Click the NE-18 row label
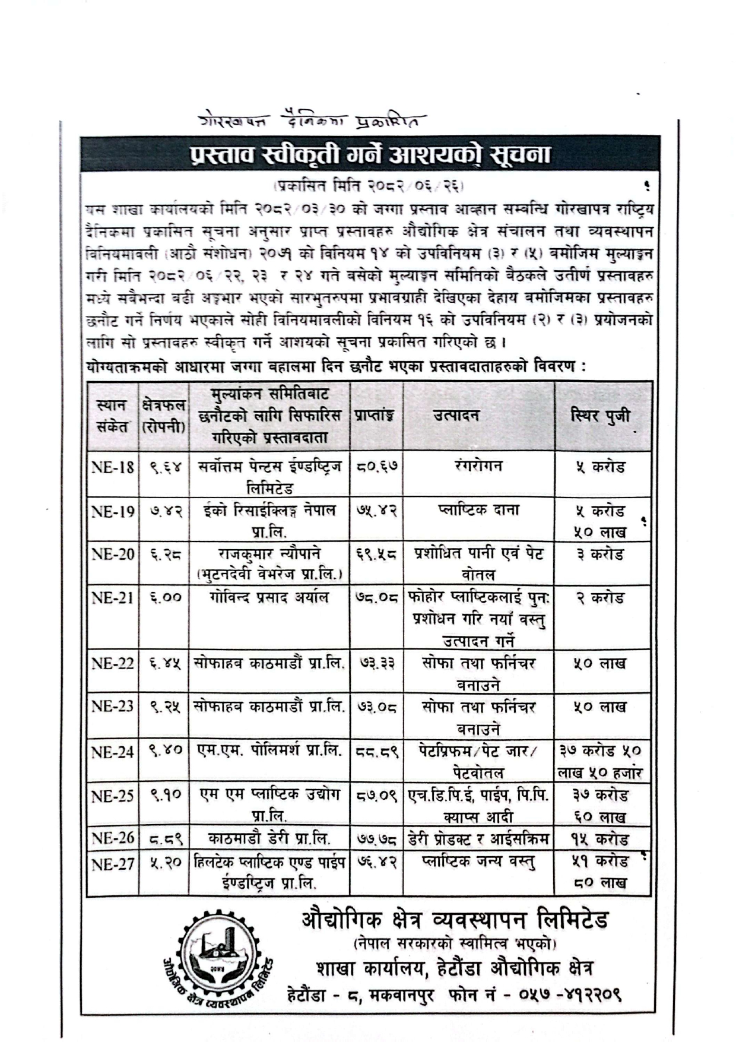point(113,467)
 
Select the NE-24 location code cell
point(113,752)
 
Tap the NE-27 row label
point(113,864)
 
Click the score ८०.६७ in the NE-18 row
point(377,467)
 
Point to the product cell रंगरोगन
point(478,466)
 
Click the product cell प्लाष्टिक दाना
point(478,510)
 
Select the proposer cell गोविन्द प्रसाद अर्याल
point(269,597)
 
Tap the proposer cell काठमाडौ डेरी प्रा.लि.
point(269,838)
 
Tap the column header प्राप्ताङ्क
point(376,416)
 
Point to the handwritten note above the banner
point(309,121)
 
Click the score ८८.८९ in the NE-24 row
point(377,752)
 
